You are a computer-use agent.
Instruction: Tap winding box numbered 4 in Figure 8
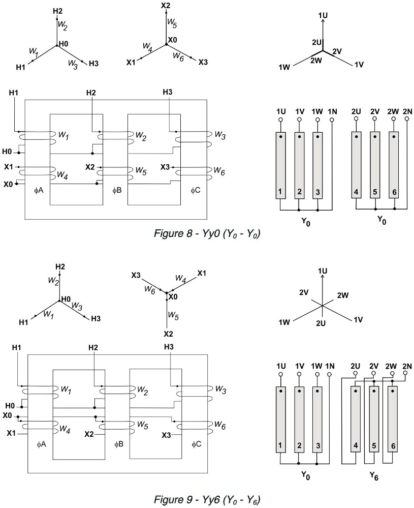pyautogui.click(x=357, y=165)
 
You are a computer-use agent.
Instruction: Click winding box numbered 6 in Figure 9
pyautogui.click(x=393, y=420)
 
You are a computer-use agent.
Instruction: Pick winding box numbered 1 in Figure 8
pyautogui.click(x=280, y=165)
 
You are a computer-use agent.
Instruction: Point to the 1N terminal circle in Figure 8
pyautogui.click(x=332, y=121)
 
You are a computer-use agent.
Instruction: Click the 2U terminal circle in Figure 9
pyautogui.click(x=356, y=375)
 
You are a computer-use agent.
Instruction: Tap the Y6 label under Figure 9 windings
pyautogui.click(x=374, y=477)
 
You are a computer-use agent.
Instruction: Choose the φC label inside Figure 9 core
pyautogui.click(x=197, y=444)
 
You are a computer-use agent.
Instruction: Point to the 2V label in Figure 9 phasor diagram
pyautogui.click(x=304, y=292)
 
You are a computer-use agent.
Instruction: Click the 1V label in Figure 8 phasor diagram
pyautogui.click(x=359, y=65)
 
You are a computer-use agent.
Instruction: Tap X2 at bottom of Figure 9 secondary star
pyautogui.click(x=168, y=334)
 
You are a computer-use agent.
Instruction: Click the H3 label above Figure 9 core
pyautogui.click(x=169, y=347)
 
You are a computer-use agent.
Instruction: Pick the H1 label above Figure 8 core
pyautogui.click(x=14, y=93)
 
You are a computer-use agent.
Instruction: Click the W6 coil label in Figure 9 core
pyautogui.click(x=219, y=424)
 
